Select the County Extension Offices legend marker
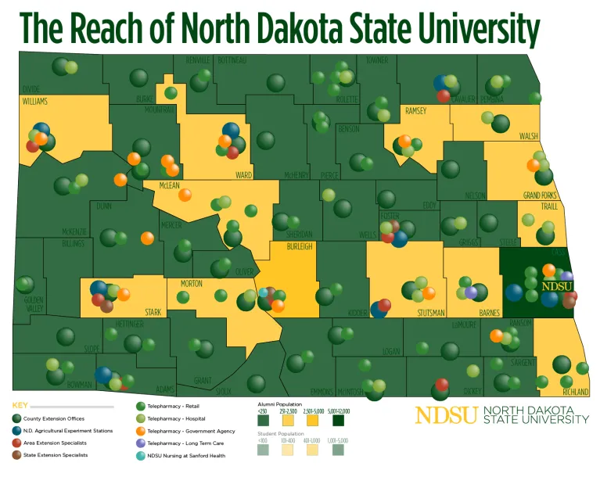[16, 419]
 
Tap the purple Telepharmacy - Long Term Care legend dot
[139, 443]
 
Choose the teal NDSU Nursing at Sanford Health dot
[139, 455]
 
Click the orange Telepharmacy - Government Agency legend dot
[139, 431]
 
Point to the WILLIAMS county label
[34, 102]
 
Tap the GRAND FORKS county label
[541, 195]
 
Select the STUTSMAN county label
[429, 313]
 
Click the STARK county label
[153, 312]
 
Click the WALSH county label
[529, 136]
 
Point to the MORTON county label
[192, 283]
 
